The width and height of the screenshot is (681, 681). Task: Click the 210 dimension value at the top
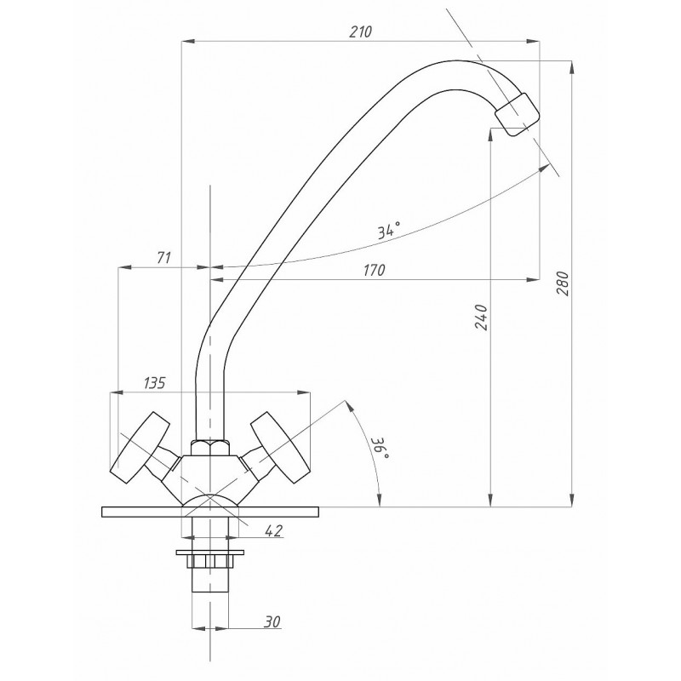pos(360,31)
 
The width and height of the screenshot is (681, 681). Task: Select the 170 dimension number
pos(374,270)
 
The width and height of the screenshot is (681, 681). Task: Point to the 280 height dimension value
pos(563,283)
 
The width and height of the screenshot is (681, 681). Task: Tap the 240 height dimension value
pos(481,317)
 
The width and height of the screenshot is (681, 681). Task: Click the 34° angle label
pos(388,231)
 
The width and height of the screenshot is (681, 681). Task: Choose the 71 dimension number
pos(163,258)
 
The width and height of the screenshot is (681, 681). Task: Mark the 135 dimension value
pos(155,382)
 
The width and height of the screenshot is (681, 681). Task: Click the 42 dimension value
pos(273,530)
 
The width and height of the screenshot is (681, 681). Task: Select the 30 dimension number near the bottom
pos(272,621)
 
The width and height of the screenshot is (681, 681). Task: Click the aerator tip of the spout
pos(518,115)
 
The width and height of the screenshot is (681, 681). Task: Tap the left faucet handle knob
pos(140,448)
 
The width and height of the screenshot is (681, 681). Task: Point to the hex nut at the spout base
pos(209,448)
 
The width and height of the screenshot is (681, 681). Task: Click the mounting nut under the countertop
pos(209,559)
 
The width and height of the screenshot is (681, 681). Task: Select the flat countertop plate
pos(209,512)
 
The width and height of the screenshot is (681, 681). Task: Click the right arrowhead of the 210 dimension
pos(534,41)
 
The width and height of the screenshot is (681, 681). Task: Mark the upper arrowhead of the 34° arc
pos(543,168)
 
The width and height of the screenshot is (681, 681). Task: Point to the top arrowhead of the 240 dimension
pos(491,134)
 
